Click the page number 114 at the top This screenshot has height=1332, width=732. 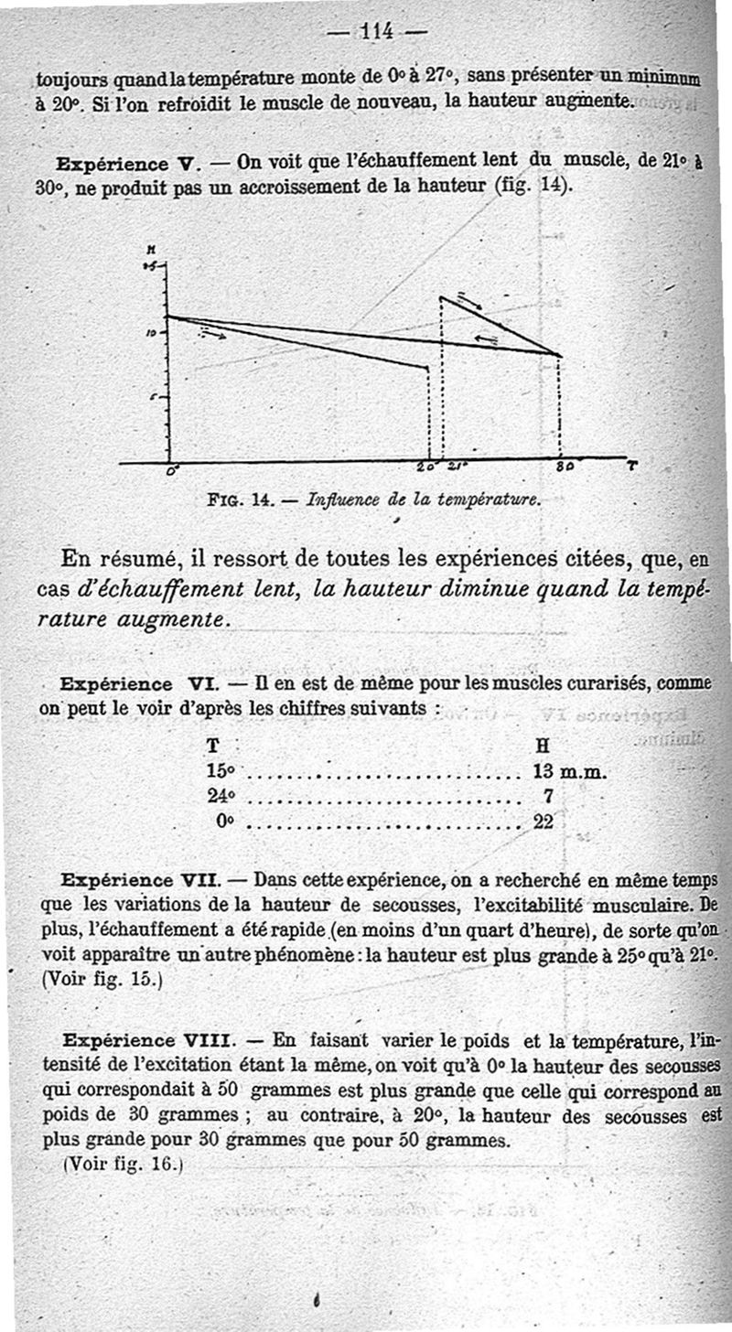click(378, 31)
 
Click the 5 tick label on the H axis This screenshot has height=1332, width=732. click(153, 396)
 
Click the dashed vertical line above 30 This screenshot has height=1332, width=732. click(559, 407)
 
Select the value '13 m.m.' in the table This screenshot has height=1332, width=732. click(570, 772)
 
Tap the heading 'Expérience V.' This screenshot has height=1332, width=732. click(127, 165)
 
